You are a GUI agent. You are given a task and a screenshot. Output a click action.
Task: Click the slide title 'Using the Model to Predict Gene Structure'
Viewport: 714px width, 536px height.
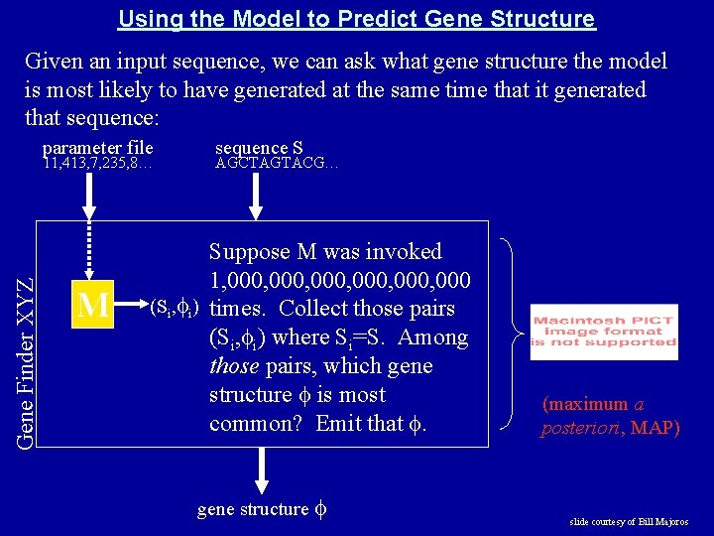pos(356,19)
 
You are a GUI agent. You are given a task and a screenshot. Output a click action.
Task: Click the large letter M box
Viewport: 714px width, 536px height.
pos(93,305)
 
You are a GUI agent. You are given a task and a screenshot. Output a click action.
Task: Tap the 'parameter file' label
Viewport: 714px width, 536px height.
pos(97,148)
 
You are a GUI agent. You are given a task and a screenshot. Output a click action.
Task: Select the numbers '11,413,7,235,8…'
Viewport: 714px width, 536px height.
pos(97,164)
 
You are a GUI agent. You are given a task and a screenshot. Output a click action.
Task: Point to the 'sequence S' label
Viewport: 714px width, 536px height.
pos(259,148)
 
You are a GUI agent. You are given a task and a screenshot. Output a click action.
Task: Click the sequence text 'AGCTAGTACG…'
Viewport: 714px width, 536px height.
pos(277,164)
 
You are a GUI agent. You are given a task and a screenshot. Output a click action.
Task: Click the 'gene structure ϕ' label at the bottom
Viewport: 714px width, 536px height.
pos(262,509)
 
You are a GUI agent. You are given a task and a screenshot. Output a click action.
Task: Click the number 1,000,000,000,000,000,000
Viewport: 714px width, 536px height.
pos(339,280)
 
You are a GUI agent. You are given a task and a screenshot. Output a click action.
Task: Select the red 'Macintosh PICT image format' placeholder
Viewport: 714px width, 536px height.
pos(603,332)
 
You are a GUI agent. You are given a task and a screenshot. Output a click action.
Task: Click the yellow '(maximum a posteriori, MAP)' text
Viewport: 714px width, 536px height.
pos(610,416)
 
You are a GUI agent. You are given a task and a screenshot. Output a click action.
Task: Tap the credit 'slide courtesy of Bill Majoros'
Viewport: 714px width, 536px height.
pos(628,522)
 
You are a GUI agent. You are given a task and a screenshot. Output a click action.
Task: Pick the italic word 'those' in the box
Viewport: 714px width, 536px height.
pos(234,366)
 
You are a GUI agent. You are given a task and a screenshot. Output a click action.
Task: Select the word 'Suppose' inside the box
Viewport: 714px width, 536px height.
pos(246,252)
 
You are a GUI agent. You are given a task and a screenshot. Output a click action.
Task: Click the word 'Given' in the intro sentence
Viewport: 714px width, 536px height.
pos(53,62)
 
